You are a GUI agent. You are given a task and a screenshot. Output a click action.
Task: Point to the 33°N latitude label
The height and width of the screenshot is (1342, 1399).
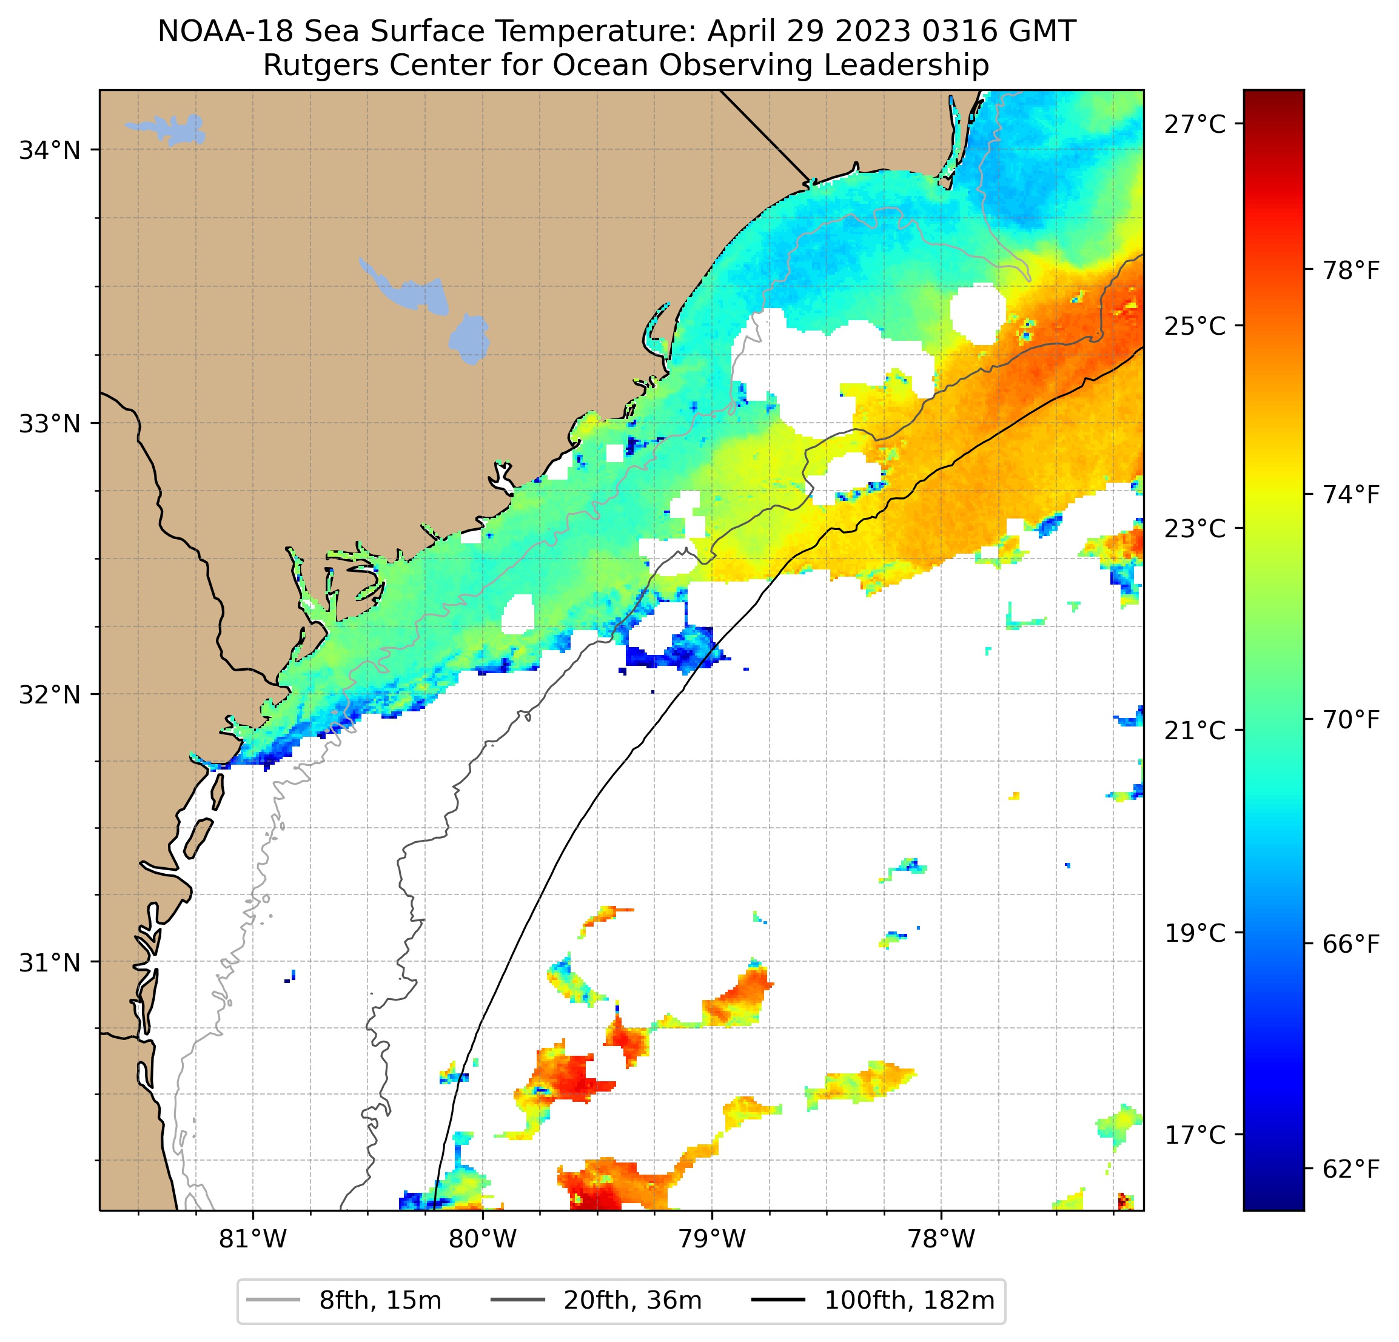pyautogui.click(x=49, y=423)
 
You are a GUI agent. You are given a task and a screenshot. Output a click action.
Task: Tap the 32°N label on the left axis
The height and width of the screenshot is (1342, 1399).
pyautogui.click(x=49, y=694)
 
